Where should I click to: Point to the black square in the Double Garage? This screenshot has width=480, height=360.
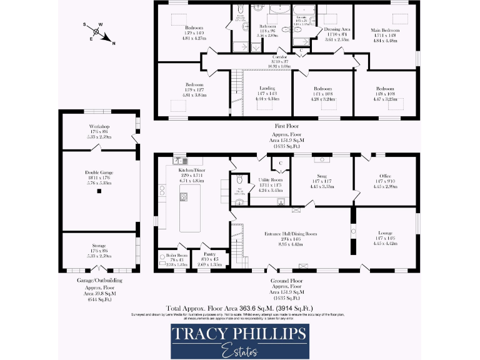click(x=98, y=191)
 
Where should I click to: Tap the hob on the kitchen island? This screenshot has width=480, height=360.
click(x=184, y=197)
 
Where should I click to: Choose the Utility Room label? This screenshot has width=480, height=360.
click(x=271, y=180)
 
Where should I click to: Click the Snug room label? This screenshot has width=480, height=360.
click(x=322, y=176)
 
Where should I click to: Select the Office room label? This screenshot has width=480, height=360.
click(x=384, y=176)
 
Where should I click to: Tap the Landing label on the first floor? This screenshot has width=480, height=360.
click(x=267, y=89)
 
